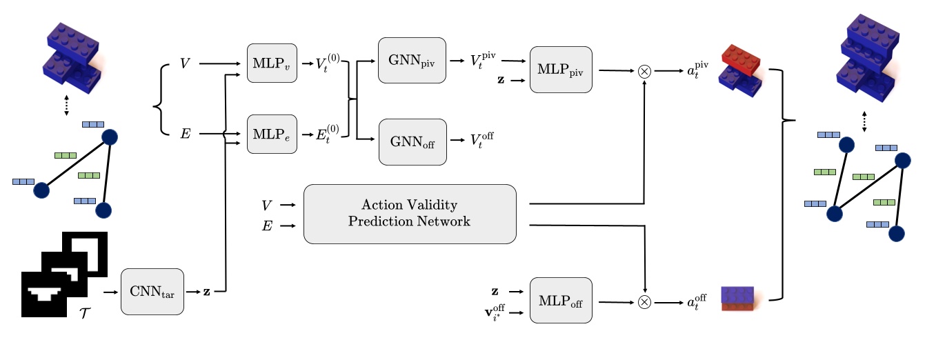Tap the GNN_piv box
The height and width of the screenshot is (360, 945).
pyautogui.click(x=412, y=60)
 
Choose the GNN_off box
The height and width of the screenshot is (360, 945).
pyautogui.click(x=412, y=141)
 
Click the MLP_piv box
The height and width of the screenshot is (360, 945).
pyautogui.click(x=561, y=70)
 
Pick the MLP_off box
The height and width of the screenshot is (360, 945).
pyautogui.click(x=561, y=301)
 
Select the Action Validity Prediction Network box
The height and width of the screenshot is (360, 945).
pyautogui.click(x=410, y=214)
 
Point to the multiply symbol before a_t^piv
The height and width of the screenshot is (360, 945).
pyautogui.click(x=644, y=71)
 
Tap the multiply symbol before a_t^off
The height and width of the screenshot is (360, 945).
pyautogui.click(x=644, y=301)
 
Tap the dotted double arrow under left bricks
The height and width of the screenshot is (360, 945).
pyautogui.click(x=66, y=106)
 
